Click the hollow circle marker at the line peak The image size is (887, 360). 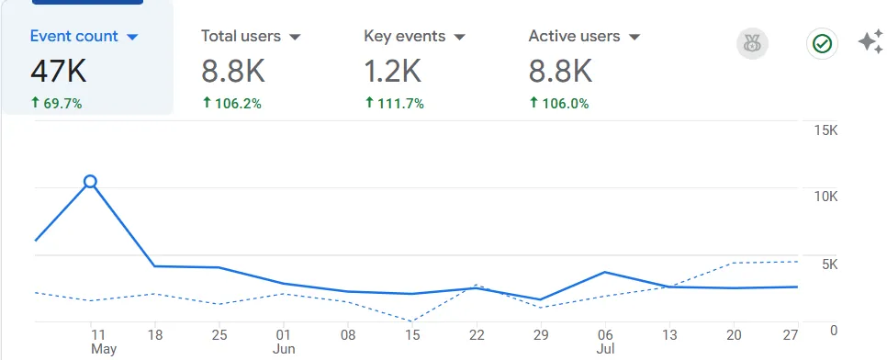coord(90,182)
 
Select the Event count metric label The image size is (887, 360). coord(74,36)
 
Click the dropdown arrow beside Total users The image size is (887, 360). coord(295,38)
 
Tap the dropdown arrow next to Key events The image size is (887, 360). coord(460,38)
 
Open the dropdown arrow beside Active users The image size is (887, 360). coord(634,38)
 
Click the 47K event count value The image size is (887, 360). coord(58,72)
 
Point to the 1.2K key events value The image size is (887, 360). coord(393,72)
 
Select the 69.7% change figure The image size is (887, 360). coord(57,103)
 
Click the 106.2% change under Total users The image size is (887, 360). coord(232,103)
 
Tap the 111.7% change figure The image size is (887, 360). coord(395,103)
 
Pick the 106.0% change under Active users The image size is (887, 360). coord(559,103)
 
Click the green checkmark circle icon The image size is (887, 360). coord(822,43)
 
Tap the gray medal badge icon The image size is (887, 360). coord(752,43)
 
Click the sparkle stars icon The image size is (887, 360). coord(871,42)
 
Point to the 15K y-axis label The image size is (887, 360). coord(825,130)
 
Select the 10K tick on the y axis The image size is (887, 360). coord(825,197)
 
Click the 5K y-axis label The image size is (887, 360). coord(830,264)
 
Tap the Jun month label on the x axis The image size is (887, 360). coord(284,349)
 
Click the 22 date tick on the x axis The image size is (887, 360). coord(477,335)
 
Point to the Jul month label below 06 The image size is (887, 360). coord(605,349)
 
